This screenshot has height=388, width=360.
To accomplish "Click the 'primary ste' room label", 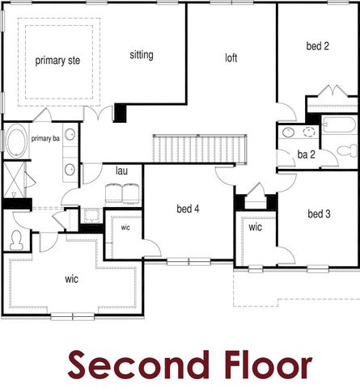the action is [x=57, y=61].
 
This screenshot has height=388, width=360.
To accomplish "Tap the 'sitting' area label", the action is [x=142, y=55].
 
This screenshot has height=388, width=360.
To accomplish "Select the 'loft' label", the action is [x=231, y=57].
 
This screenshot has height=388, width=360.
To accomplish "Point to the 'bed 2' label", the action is [x=318, y=46].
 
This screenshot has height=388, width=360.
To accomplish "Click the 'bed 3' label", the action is [x=319, y=214].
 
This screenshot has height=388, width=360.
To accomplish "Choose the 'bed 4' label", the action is [x=188, y=209].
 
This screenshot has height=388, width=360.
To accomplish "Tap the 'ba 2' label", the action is [x=306, y=154].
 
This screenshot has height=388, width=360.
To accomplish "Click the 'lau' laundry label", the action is [x=121, y=171].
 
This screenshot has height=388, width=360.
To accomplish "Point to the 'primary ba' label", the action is [x=45, y=138].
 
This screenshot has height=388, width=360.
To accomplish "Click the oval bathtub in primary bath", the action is [x=16, y=141].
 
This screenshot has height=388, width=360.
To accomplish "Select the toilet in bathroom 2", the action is [x=347, y=150].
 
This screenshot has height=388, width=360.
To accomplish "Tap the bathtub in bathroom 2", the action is [x=340, y=124].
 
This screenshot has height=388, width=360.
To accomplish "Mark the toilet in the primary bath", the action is [x=16, y=240].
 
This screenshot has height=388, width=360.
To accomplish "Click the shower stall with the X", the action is [x=14, y=179].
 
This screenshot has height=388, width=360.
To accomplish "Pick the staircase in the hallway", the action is [x=200, y=149].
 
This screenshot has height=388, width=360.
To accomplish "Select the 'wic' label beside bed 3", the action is [x=255, y=227].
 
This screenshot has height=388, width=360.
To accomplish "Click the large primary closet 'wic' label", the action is [x=71, y=279].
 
